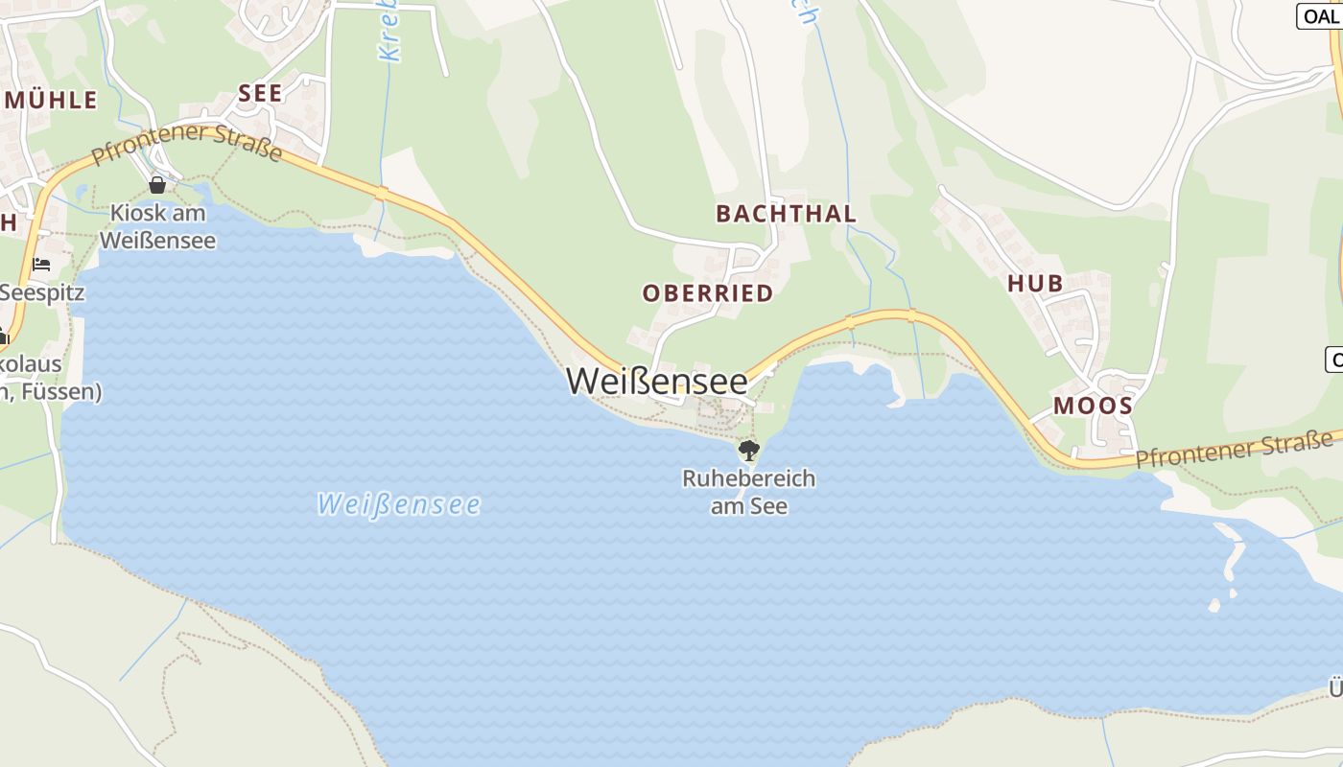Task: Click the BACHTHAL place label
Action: click(x=786, y=214)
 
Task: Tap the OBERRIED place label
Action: click(x=708, y=293)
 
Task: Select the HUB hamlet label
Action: click(x=1035, y=283)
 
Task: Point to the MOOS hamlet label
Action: click(x=1093, y=406)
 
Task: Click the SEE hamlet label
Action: click(x=260, y=93)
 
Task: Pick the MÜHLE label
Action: click(x=52, y=100)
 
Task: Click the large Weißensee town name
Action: click(x=656, y=381)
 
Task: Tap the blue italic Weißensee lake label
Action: click(x=398, y=503)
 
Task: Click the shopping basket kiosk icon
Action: click(x=157, y=184)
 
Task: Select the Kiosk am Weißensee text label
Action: click(x=157, y=226)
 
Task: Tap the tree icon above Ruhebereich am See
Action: click(x=748, y=450)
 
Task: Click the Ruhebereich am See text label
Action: click(x=748, y=491)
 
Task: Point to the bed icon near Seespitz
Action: click(x=41, y=264)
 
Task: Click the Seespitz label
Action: click(x=42, y=292)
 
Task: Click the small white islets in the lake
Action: click(x=1227, y=561)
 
